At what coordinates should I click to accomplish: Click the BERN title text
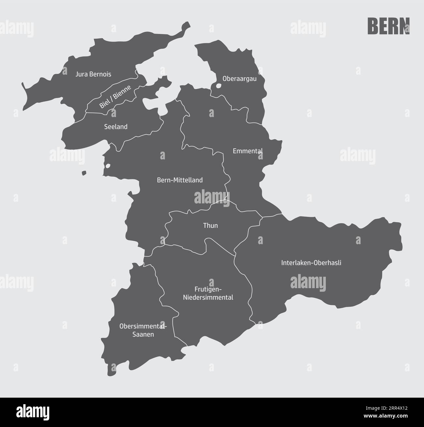tap(388, 26)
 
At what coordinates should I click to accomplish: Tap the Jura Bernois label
tap(93, 74)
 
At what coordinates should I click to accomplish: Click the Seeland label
tap(116, 127)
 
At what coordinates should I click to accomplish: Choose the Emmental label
tap(248, 151)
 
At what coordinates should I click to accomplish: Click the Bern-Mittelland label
tap(180, 180)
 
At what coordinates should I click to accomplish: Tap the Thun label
tap(210, 226)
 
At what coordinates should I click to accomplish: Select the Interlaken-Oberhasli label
tap(311, 263)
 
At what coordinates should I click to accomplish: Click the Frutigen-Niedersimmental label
tap(208, 293)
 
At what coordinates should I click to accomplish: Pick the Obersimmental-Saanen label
tap(143, 330)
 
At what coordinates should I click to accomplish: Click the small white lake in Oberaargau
tap(219, 86)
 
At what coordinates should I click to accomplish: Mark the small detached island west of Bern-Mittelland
tap(84, 173)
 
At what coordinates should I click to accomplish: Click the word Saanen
tap(143, 334)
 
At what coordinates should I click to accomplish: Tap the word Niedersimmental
tap(208, 297)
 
